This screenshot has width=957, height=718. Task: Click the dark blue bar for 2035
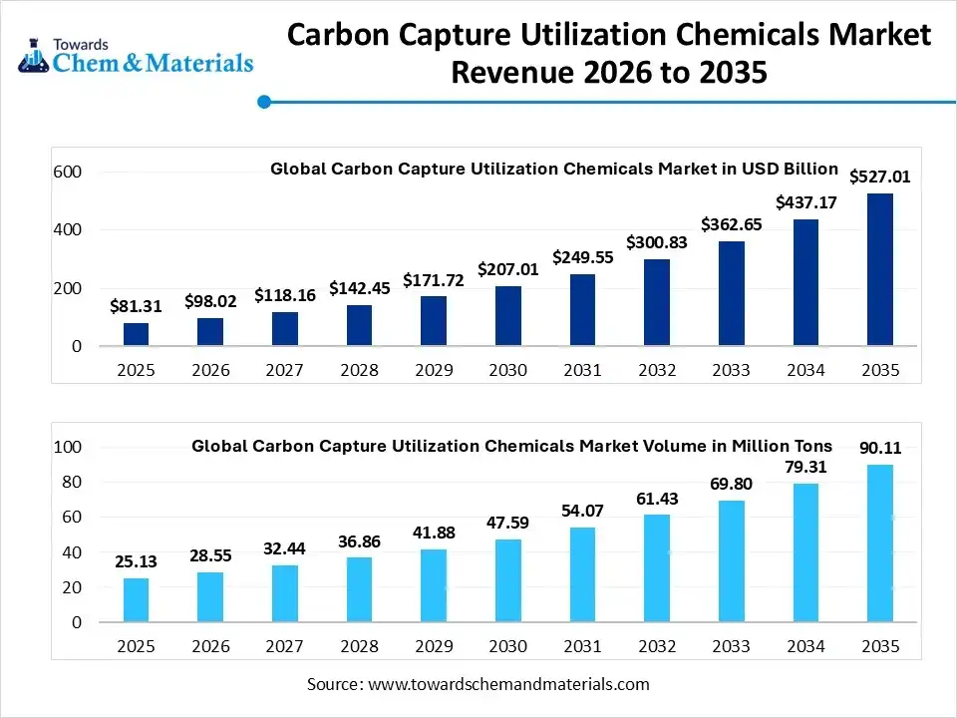click(879, 269)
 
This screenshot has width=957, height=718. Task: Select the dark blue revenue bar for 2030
click(508, 316)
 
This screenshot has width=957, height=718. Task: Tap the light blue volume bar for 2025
click(137, 600)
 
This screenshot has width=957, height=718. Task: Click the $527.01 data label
click(879, 178)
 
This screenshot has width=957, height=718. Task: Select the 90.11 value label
click(879, 448)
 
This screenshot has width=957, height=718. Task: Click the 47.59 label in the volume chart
click(508, 523)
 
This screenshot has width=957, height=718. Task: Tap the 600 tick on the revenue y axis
click(68, 173)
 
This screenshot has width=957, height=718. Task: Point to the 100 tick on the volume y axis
click(68, 447)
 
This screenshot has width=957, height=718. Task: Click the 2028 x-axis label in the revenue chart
click(359, 370)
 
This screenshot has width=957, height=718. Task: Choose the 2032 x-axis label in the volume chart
click(657, 646)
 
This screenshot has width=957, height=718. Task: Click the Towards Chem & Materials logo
click(136, 56)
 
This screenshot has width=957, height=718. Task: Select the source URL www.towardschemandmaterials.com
click(508, 684)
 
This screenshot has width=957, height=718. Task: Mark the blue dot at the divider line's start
click(264, 101)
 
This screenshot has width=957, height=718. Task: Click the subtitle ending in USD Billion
click(554, 169)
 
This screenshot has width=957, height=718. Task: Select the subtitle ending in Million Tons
click(511, 446)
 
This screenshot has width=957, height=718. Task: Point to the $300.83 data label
click(657, 242)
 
